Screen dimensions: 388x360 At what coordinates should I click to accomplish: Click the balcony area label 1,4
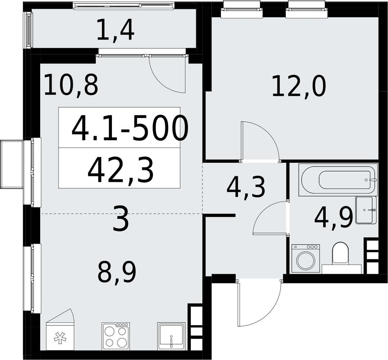(x=115, y=31)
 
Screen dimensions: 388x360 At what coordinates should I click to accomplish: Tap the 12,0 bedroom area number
(x=299, y=87)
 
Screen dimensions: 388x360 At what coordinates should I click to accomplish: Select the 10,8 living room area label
(x=71, y=85)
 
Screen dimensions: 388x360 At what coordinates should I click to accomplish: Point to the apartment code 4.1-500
(x=130, y=129)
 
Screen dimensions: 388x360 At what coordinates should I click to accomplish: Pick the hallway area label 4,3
(x=246, y=188)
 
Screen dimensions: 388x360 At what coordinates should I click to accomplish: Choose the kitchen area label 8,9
(x=117, y=272)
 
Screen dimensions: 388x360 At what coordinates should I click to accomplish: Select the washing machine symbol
(x=306, y=259)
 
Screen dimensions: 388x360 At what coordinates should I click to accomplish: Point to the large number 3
(x=121, y=219)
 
